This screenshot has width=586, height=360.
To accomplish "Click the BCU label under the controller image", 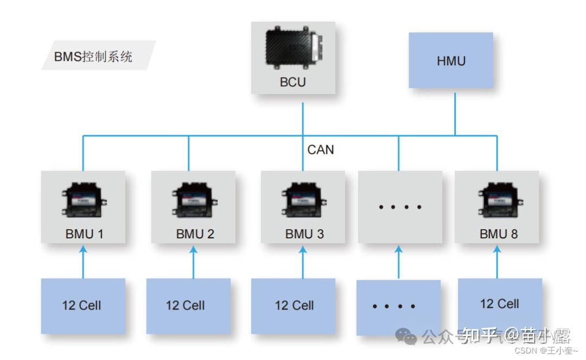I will [292, 83].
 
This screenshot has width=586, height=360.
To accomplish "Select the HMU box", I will [451, 61].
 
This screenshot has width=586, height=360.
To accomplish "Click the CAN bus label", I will [321, 149].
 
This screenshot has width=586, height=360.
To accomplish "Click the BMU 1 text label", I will [84, 234].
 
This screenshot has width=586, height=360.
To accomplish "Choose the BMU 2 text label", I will [195, 234].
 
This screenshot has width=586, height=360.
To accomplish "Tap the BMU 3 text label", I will [304, 234].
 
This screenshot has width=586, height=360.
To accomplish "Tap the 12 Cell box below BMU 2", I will [186, 305].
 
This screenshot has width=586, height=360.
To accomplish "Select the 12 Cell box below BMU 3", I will [294, 305].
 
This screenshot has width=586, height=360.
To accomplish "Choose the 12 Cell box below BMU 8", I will [499, 304].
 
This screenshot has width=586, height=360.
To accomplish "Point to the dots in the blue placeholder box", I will [394, 307].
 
